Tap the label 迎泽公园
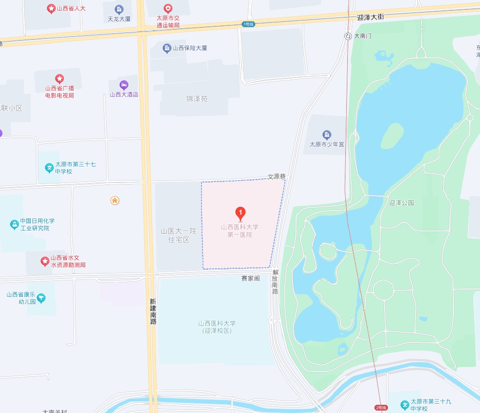402,203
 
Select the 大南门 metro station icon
348,36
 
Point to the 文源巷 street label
277,177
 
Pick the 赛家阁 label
251,278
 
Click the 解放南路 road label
275,282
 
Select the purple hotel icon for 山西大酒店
124,85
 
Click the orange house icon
115,200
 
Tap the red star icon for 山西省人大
50,8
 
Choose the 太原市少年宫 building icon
327,135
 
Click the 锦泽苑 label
197,99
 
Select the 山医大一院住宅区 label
179,235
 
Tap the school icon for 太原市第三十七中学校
49,168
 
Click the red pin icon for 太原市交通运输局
168,8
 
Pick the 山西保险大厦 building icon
167,48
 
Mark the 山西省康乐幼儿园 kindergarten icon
41,298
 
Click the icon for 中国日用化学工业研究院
14,225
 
